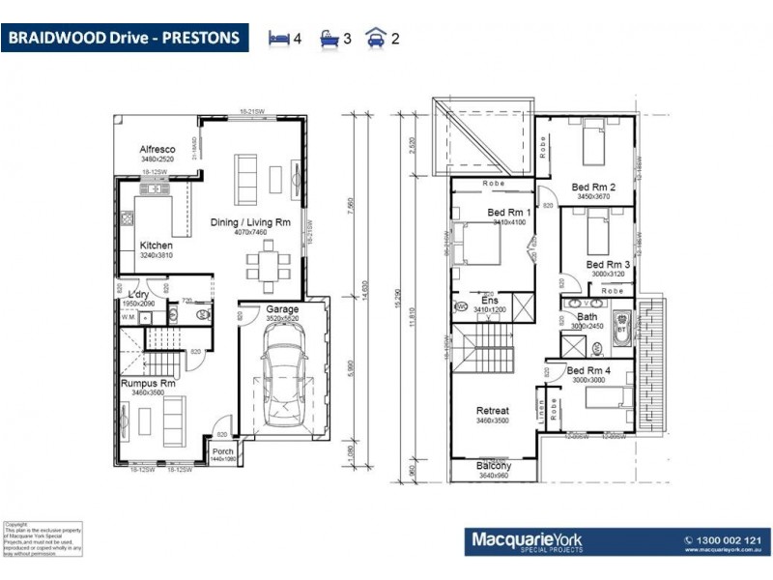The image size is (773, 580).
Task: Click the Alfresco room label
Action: pos(157,149)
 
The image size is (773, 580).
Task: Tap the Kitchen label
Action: pos(156,246)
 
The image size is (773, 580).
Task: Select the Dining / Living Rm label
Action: pos(250,222)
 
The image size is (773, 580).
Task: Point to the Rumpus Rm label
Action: pos(148,384)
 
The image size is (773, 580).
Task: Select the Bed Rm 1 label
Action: pos(509,212)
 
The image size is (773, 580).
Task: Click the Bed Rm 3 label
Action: pos(609,264)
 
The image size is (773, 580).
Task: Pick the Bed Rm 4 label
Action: pos(588,370)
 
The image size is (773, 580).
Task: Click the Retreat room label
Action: pos(492,411)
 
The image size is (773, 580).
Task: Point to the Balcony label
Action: pos(494,466)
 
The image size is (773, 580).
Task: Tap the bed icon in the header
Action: pos(279,39)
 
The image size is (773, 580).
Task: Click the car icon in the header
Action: pos(374,39)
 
